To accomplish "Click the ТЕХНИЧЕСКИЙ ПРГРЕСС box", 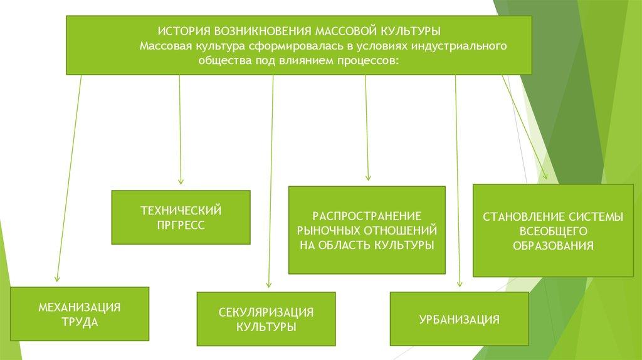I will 181,217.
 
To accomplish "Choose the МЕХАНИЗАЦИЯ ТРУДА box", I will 80,314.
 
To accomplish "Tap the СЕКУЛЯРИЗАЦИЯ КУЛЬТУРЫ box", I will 266,319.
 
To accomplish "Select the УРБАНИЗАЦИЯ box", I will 460,319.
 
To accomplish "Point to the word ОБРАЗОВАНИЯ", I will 552,246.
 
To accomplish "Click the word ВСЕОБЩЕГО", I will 552,231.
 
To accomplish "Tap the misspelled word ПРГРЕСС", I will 181,225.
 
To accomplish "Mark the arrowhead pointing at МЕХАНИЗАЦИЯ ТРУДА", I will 57,279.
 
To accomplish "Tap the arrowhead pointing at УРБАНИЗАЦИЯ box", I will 460,285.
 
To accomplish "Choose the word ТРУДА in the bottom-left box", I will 80,322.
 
